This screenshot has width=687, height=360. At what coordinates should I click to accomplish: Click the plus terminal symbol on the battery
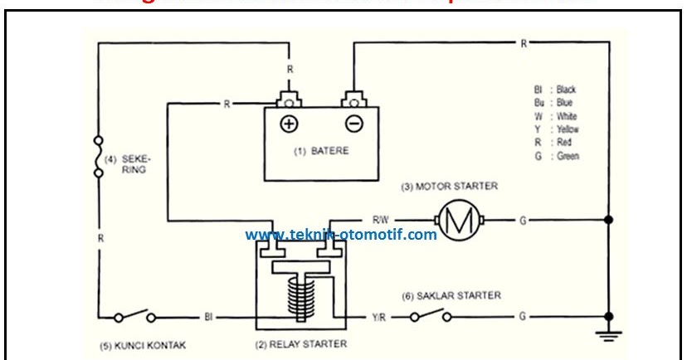click(x=288, y=124)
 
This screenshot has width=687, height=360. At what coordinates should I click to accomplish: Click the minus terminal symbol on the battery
click(x=353, y=124)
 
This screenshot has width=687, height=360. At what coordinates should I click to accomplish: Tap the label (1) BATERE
click(x=321, y=151)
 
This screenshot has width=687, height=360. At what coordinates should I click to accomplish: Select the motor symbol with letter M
click(x=453, y=220)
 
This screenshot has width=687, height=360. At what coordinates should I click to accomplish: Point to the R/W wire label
click(x=381, y=220)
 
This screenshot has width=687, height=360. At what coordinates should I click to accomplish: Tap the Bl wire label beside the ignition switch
click(x=209, y=316)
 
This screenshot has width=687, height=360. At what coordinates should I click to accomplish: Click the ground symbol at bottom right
click(x=611, y=336)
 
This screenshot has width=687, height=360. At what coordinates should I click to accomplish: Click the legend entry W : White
click(x=557, y=116)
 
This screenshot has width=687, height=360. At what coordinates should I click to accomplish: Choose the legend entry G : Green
click(x=557, y=156)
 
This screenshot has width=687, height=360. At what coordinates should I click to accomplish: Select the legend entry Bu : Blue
click(x=555, y=103)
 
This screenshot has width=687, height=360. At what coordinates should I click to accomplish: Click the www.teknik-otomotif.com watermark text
click(x=340, y=235)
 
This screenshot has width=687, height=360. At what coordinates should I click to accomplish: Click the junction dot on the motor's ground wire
click(x=611, y=220)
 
